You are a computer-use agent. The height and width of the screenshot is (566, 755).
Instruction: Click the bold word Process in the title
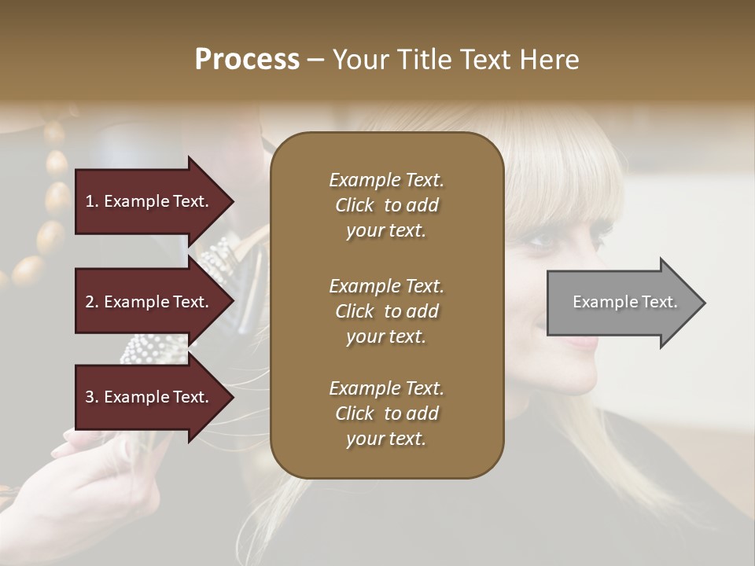(x=247, y=60)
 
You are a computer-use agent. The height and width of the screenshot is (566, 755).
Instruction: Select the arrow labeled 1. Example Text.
(x=149, y=201)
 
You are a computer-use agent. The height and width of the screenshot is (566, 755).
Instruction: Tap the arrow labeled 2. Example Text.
(x=149, y=302)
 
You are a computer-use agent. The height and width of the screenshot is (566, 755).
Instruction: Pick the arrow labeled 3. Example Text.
(x=149, y=397)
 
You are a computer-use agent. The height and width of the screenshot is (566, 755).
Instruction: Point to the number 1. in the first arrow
(x=92, y=201)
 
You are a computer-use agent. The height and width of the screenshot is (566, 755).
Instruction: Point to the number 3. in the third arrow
(x=92, y=397)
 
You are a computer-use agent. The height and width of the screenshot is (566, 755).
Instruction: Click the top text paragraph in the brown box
(x=386, y=205)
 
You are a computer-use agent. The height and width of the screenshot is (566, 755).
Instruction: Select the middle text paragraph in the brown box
(x=386, y=311)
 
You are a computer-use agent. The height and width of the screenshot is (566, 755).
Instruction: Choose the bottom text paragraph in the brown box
(x=386, y=413)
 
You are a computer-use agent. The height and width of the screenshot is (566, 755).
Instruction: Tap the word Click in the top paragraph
(x=355, y=205)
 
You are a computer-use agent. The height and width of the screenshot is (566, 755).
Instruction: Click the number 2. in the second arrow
(x=92, y=302)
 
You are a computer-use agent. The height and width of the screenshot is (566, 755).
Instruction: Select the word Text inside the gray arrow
(x=660, y=302)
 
